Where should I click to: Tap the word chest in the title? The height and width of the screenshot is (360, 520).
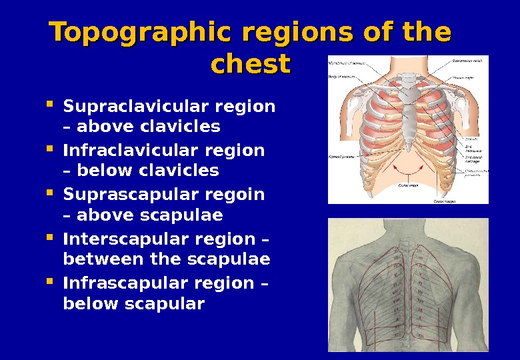[250, 65]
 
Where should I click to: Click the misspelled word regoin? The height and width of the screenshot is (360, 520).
[234, 195]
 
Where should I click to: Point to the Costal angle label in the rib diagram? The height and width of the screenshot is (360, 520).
[408, 185]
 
